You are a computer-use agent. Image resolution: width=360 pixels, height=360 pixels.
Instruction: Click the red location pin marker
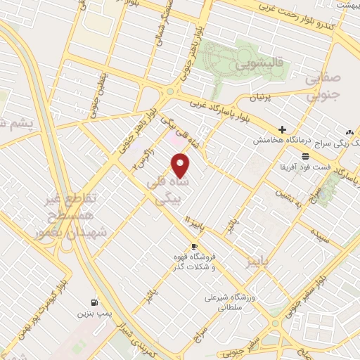pyautogui.click(x=181, y=165)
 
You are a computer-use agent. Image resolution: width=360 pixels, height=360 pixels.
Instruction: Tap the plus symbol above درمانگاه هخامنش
pyautogui.click(x=282, y=129)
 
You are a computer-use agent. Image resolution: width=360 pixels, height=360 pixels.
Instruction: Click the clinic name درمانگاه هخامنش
pyautogui.click(x=282, y=141)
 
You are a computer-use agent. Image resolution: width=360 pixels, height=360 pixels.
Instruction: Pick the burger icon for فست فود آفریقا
pyautogui.click(x=304, y=156)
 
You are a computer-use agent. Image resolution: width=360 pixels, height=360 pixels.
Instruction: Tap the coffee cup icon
pyautogui.click(x=193, y=246)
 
